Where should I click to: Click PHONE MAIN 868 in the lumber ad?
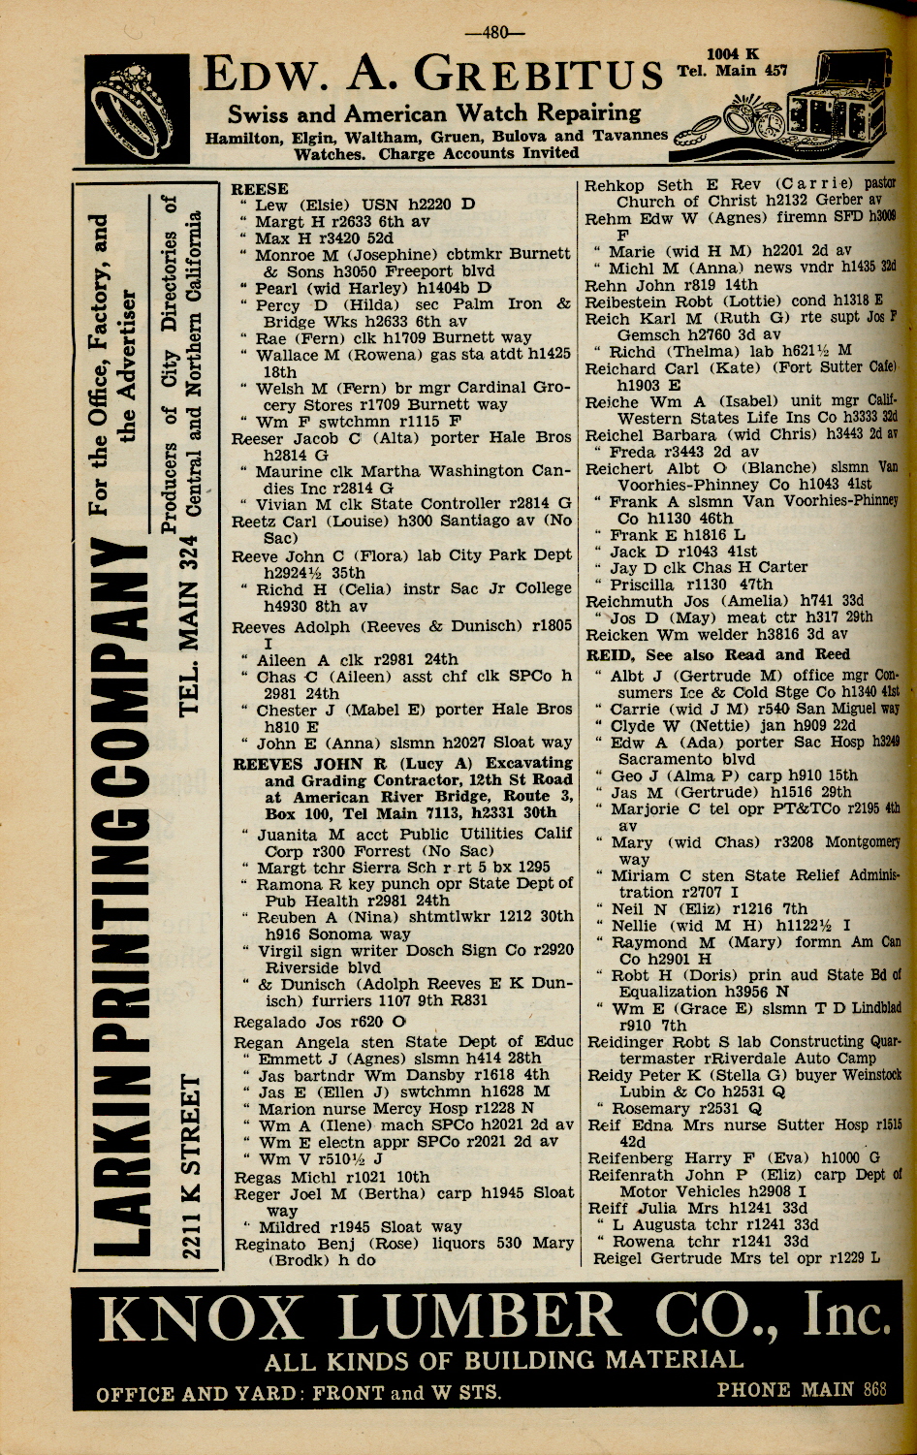tap(801, 1389)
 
